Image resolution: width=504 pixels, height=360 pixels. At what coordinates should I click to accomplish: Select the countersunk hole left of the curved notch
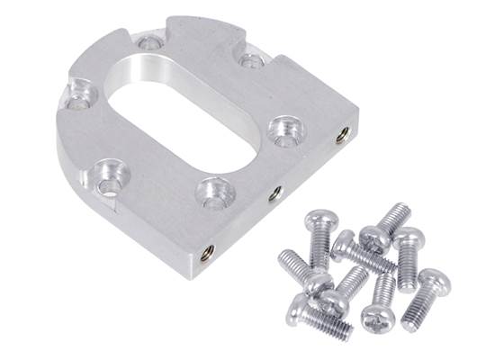[149, 41]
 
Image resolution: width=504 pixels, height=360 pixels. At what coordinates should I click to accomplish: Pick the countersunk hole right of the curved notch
[252, 61]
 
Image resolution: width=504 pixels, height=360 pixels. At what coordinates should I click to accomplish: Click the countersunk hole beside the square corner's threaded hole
[287, 127]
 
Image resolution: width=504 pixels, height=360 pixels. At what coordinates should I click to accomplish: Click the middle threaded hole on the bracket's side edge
[277, 192]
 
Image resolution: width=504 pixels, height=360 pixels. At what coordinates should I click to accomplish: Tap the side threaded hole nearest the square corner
[342, 136]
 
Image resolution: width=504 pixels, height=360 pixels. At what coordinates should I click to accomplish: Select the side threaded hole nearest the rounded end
[208, 251]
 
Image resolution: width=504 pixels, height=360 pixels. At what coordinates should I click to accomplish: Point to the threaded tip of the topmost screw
[396, 212]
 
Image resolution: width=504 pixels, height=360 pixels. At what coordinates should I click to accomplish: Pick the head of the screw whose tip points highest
[373, 238]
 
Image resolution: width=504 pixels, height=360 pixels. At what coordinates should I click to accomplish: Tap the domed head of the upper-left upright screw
[320, 220]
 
